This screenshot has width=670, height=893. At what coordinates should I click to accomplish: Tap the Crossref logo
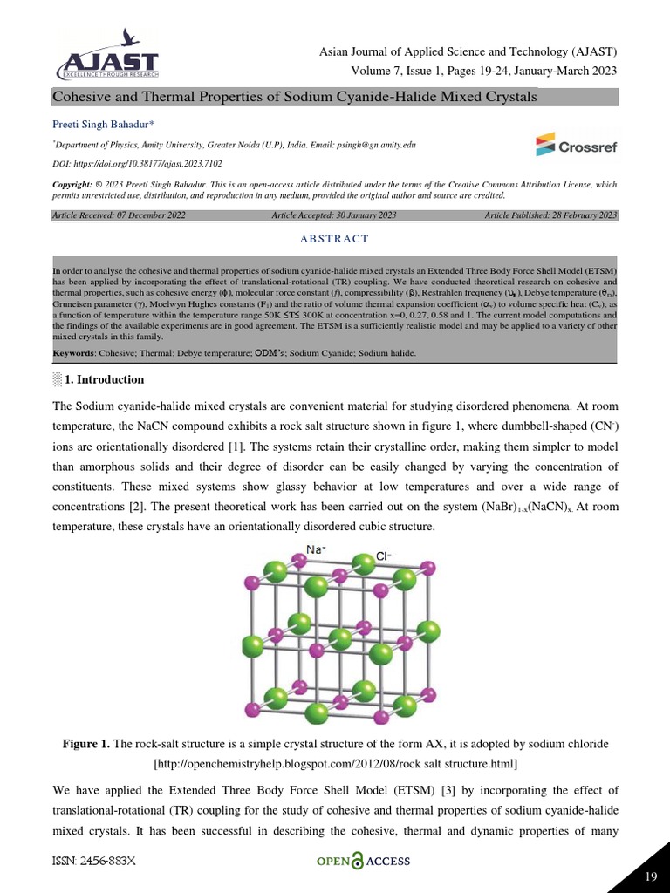tap(576, 145)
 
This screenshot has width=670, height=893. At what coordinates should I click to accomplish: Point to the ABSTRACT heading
tap(336, 239)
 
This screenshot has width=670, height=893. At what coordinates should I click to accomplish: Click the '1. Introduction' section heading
tap(104, 380)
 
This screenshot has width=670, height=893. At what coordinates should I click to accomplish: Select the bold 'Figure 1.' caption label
tap(86, 744)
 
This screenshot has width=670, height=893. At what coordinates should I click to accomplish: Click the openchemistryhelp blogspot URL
tap(335, 764)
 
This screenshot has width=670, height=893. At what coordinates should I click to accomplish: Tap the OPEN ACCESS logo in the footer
tap(362, 862)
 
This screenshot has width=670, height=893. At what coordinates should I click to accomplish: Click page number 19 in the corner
tap(649, 876)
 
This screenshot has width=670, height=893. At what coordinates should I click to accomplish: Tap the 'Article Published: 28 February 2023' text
tap(550, 215)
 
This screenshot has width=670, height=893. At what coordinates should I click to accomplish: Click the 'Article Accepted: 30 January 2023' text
tap(334, 215)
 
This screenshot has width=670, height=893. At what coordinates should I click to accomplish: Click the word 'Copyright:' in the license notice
tap(72, 185)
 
